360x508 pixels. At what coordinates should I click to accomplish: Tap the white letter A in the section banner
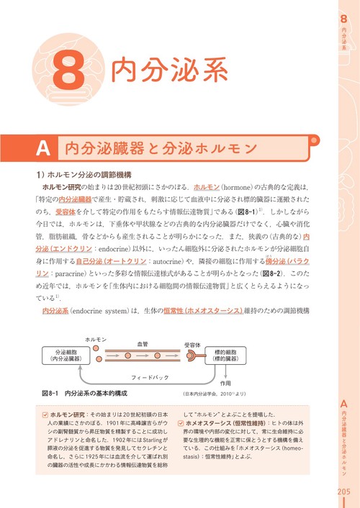pos(43,149)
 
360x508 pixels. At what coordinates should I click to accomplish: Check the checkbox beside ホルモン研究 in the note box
pos(45,415)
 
